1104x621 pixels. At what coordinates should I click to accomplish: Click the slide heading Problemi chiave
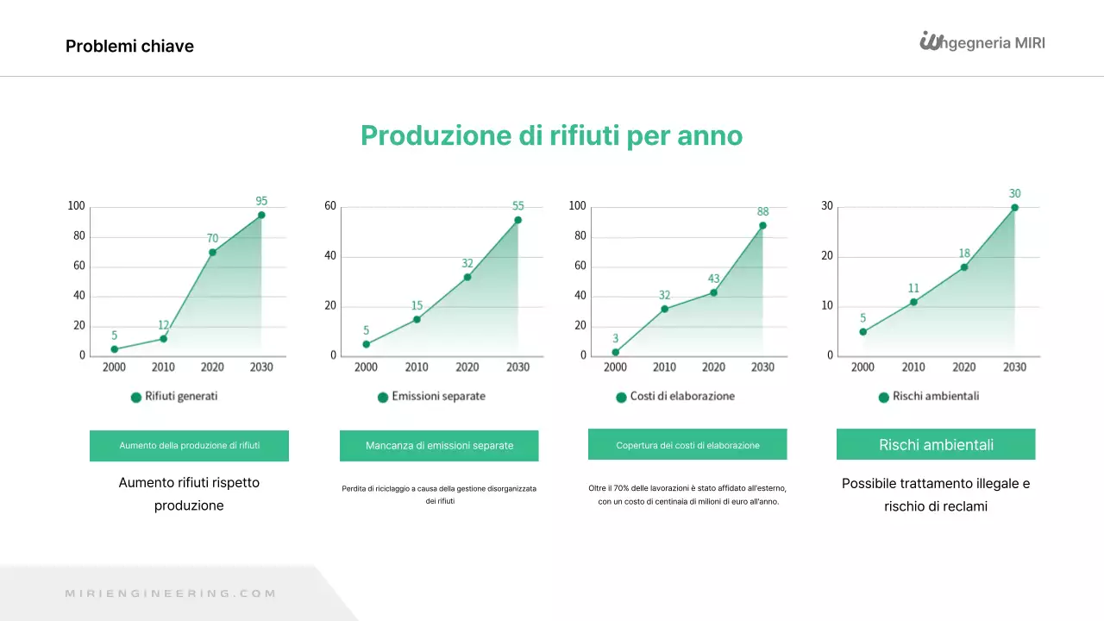pos(129,47)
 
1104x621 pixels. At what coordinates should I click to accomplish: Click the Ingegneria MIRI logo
pos(982,41)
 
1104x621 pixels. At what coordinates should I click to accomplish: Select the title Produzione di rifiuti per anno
pos(551,135)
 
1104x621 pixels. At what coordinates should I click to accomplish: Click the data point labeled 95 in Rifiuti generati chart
pos(261,215)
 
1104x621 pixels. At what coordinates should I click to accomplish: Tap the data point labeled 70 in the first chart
pos(212,252)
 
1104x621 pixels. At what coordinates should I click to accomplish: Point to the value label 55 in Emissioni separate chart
pos(517,206)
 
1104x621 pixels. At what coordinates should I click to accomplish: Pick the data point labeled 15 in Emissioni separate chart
pos(417,319)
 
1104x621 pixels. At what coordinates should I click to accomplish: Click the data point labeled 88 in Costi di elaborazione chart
pos(762,225)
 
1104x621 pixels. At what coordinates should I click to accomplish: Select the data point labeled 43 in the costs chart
pos(713,292)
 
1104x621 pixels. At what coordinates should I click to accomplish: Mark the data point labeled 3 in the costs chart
pos(615,352)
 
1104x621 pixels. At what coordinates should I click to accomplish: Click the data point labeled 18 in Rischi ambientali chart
pos(964,267)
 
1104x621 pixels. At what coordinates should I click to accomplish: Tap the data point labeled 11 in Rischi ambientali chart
pos(913,302)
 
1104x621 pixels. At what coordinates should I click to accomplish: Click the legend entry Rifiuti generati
pos(174,397)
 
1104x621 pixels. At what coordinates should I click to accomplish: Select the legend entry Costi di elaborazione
pos(675,397)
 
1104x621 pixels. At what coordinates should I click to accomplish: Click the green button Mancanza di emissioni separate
pos(439,446)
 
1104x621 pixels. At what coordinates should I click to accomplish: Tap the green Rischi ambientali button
pos(936,445)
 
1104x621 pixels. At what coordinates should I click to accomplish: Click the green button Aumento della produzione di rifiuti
pos(189,446)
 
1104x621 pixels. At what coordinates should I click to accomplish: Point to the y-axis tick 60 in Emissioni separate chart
pos(330,206)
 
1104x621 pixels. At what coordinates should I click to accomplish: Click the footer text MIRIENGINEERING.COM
pos(171,593)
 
